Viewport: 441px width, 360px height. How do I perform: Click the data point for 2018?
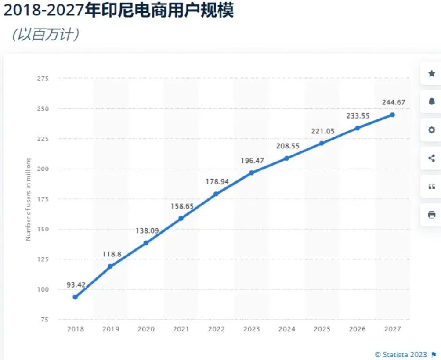coord(75,297)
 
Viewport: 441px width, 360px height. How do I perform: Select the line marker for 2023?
coord(251,173)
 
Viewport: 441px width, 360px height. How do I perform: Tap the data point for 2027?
coord(392,115)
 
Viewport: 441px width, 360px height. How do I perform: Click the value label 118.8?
coord(112,254)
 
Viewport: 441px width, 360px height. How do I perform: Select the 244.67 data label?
coord(393,102)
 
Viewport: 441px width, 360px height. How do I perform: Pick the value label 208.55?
coord(287,146)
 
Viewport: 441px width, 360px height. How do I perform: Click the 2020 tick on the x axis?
coord(146,329)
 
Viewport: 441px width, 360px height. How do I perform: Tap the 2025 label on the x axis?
coord(322,329)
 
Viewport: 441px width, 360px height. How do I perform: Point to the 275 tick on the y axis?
coord(43,79)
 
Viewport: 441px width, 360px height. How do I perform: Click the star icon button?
coord(431,74)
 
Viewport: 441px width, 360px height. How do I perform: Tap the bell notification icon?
coord(431,102)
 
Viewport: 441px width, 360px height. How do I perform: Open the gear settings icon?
coord(431,130)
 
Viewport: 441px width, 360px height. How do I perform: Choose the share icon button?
coord(431,158)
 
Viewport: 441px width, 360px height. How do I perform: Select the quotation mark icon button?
coord(431,187)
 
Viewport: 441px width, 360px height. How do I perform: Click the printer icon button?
coord(431,215)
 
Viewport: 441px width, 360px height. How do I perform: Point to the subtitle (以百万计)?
coord(46,35)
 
